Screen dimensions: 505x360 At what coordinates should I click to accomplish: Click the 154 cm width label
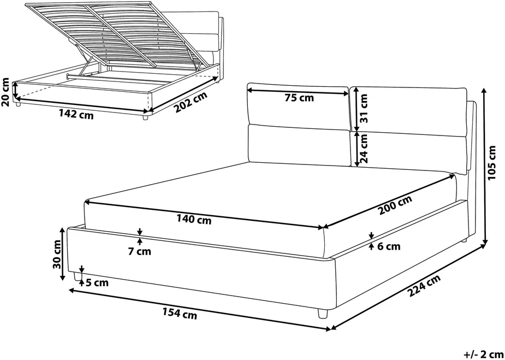point(180,314)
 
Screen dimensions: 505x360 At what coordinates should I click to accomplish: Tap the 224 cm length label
point(423,286)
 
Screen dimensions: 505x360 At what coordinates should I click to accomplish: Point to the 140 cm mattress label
point(194,220)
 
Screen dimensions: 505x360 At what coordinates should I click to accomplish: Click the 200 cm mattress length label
point(395,205)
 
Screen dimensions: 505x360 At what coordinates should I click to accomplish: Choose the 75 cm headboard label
point(299,98)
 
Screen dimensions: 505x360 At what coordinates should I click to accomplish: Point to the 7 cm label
point(139,252)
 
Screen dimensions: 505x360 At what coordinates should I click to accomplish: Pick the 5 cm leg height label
point(97,284)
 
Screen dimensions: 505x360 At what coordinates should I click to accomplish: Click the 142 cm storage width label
point(76,115)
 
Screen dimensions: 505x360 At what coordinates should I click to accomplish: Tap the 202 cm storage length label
point(189,102)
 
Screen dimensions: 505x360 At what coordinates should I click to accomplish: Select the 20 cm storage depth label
point(6,92)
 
